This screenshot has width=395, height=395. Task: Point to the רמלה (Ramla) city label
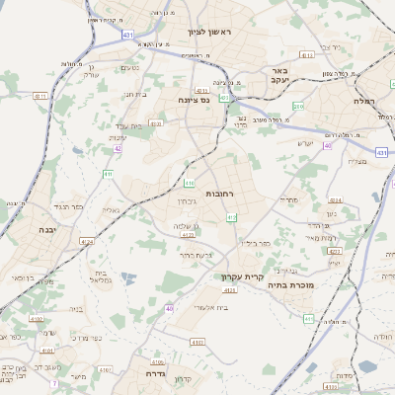point(365,101)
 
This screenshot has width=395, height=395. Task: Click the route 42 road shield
point(118,149)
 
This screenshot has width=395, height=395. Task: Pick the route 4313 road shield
point(334,264)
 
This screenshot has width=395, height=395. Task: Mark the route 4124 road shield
point(87,241)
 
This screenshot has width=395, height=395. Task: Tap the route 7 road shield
point(55,382)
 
